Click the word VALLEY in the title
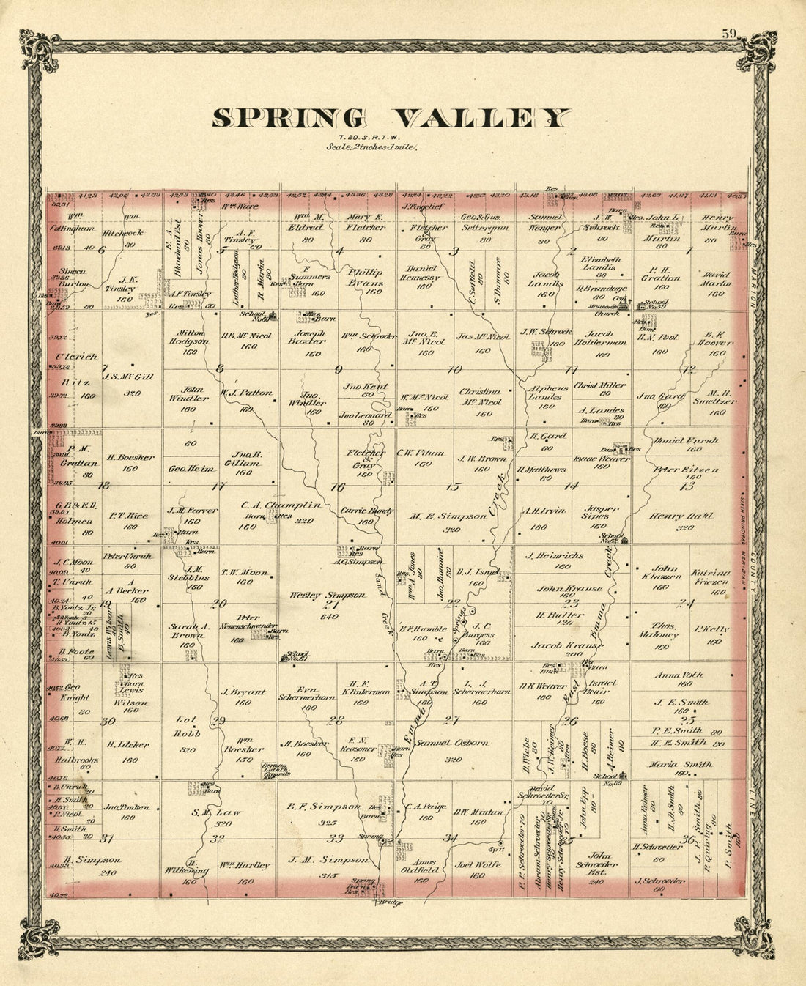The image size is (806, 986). tap(482, 118)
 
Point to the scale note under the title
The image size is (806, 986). tap(371, 147)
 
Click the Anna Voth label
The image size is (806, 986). tap(683, 675)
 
